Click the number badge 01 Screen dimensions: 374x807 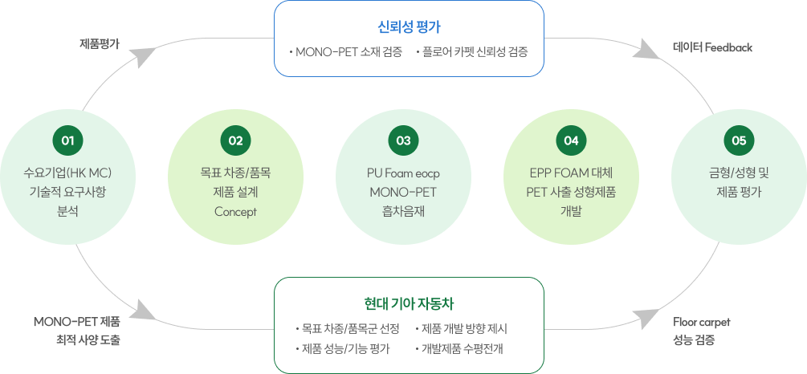point(67,140)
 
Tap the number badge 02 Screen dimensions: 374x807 point(235,140)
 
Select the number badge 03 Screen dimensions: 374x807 point(403,140)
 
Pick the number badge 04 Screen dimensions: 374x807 point(571,140)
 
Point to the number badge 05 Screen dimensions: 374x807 point(739,140)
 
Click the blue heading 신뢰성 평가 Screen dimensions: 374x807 point(409,25)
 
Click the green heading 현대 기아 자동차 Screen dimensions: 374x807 point(409,303)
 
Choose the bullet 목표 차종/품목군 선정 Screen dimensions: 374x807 point(351,329)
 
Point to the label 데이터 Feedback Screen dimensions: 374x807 point(712,48)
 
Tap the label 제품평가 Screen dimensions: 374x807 point(99,44)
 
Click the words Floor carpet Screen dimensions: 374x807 point(701,322)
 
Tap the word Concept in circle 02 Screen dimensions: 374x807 point(235,212)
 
